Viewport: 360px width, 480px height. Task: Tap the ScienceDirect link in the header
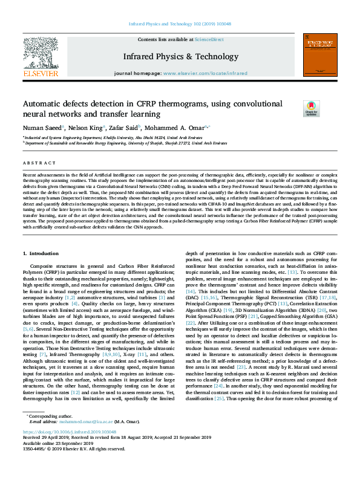[x=209, y=39]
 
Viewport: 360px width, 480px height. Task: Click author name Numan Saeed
[x=41, y=128]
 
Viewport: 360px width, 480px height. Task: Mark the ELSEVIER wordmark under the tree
[x=41, y=73]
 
